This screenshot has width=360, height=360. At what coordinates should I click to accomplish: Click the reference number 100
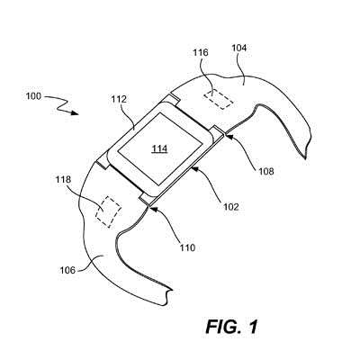click(x=34, y=96)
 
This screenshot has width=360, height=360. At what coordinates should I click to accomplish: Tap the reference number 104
click(x=239, y=48)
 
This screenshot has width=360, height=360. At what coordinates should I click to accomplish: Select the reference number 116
click(x=200, y=53)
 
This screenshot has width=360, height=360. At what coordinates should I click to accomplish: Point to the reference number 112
click(x=119, y=99)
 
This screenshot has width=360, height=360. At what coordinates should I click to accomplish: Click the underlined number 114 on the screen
click(x=159, y=148)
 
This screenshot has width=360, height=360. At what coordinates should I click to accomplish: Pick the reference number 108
click(x=266, y=171)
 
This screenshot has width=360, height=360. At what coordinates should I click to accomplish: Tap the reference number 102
click(x=231, y=207)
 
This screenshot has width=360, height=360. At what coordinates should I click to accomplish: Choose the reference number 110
click(x=187, y=247)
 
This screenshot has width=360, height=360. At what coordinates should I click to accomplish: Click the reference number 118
click(x=63, y=180)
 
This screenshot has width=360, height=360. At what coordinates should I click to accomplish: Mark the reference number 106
click(x=67, y=270)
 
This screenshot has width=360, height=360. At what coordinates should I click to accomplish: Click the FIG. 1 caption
click(x=231, y=327)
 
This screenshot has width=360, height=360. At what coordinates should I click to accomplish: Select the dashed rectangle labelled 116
click(x=219, y=100)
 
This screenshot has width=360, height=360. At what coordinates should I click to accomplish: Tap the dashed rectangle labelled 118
click(x=108, y=211)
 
